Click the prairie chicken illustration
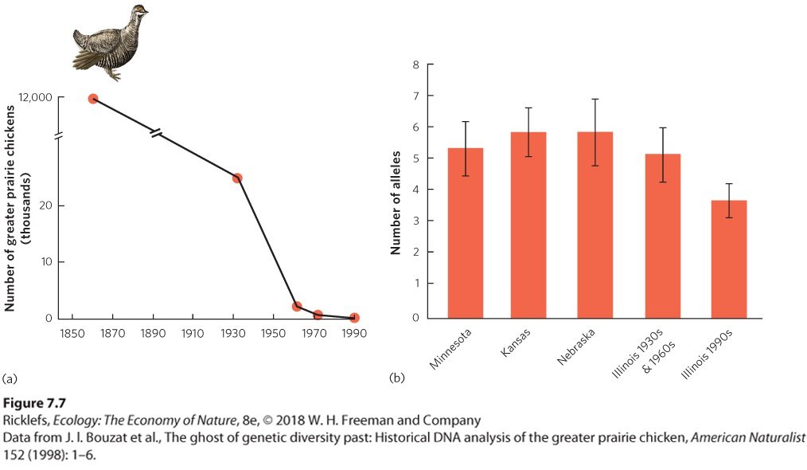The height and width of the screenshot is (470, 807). pos(109,42)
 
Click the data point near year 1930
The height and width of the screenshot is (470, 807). pos(236,178)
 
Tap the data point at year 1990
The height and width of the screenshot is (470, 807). pos(354,318)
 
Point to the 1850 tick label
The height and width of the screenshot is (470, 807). pos(72,334)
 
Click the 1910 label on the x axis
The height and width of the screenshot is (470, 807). pos(193,334)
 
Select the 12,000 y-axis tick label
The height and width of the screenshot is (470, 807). pos(36,97)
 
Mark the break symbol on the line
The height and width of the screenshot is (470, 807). pos(157,133)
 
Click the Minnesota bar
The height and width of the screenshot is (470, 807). pos(466,233)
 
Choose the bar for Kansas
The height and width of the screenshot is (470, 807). pos(528,225)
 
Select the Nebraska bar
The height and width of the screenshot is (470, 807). pos(595,225)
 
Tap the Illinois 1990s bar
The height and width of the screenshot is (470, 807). pos(729,259)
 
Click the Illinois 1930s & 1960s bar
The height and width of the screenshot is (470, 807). pos(663,236)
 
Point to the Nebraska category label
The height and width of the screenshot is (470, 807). pos(576,347)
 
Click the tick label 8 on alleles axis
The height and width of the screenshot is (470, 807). pos(416,65)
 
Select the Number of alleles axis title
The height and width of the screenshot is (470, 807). pos(396,202)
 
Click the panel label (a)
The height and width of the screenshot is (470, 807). pos(10,378)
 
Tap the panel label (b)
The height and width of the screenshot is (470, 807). pos(397,378)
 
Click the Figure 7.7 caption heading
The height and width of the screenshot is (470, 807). pos(34,403)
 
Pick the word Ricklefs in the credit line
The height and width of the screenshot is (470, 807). pos(25,421)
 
